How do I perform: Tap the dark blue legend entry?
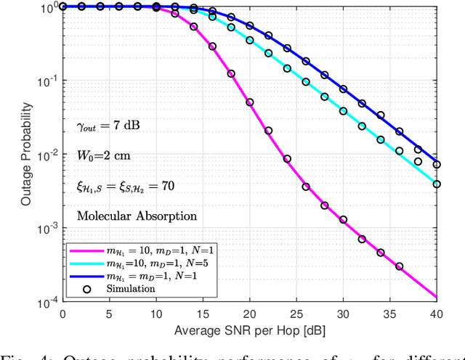138,277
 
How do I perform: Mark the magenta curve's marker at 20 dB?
249,102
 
